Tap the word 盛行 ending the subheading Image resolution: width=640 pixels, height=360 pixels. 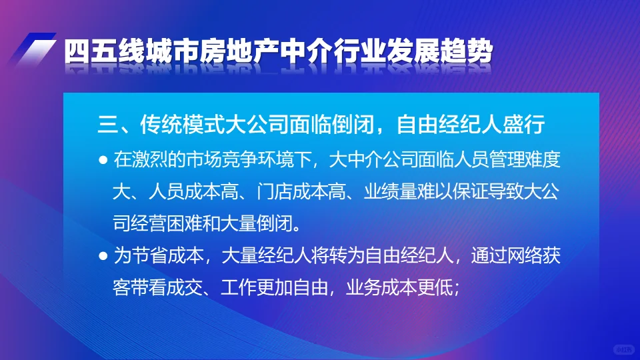click(525, 124)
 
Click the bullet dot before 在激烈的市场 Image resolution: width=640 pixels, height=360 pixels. click(103, 161)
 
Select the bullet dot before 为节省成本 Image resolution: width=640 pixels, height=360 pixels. click(103, 256)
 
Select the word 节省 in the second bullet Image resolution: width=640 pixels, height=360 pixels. click(147, 256)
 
